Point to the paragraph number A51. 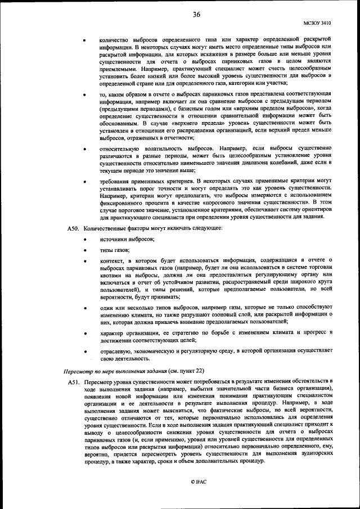pos(73,381)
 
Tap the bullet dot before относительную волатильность pos(85,150)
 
